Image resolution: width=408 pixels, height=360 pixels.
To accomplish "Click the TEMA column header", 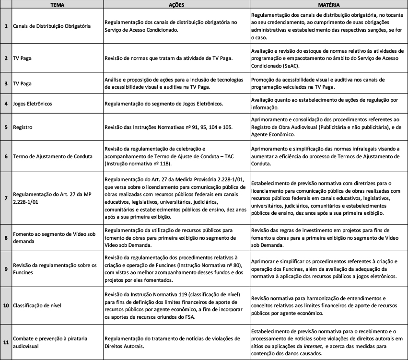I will (57, 3).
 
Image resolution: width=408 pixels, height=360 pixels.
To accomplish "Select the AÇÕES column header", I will (176, 3).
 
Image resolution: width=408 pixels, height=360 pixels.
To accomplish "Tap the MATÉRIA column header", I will (328, 3).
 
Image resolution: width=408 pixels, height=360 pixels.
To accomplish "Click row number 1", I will (5, 26).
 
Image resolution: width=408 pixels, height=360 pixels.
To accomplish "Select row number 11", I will (5, 342).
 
